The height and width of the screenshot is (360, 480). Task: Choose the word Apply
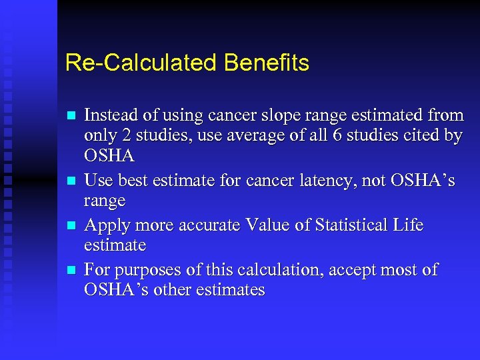click(105, 225)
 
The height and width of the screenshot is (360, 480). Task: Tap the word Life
click(408, 225)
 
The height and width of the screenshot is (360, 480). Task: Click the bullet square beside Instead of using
click(71, 116)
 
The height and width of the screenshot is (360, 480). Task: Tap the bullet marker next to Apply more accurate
click(71, 226)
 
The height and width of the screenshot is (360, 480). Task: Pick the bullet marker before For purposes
click(71, 271)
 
